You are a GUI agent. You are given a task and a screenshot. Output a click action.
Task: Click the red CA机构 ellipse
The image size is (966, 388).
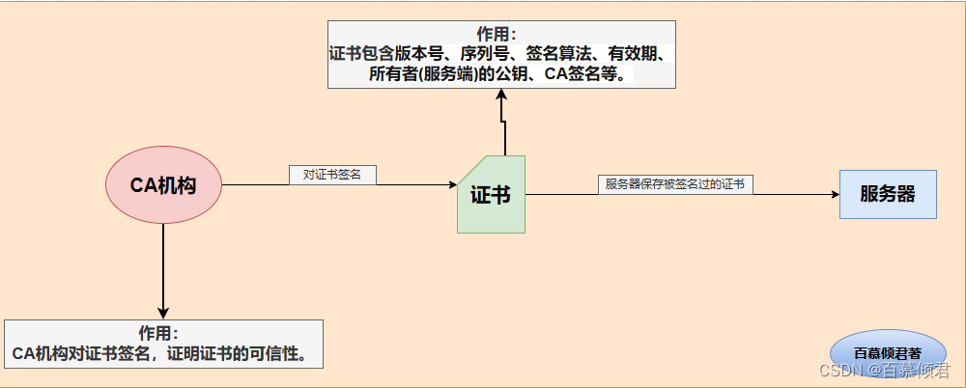coord(163,185)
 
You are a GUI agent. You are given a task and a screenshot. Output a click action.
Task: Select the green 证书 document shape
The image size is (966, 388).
coord(491,195)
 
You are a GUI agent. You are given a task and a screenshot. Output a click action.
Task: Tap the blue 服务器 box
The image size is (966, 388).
coord(887,194)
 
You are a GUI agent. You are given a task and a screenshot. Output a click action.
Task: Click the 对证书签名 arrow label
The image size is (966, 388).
coord(331,175)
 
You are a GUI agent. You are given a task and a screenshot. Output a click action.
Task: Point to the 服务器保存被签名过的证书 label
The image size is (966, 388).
coord(674,184)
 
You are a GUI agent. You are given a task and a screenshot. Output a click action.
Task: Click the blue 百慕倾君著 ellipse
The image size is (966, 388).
coord(888,353)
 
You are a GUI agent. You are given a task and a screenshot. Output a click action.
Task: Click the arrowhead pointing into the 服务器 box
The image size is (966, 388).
coord(834,194)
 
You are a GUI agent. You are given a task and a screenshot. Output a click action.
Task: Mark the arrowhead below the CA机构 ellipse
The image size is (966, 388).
coord(163,312)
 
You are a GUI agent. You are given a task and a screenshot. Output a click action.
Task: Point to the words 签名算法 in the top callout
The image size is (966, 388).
coord(558,54)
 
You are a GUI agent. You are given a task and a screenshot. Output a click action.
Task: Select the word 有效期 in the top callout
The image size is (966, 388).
coord(634,54)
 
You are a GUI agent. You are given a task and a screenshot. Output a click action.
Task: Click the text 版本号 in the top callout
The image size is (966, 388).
coord(419,54)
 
